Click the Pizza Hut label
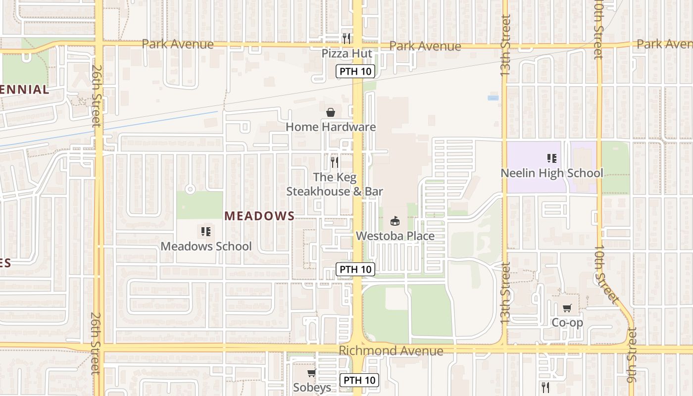[x=346, y=53]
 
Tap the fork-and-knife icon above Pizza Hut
[x=346, y=38]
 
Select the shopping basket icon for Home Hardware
[x=331, y=113]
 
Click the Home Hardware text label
[x=331, y=127]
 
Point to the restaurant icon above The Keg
[x=335, y=162]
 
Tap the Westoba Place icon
[x=395, y=221]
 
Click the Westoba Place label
[x=395, y=236]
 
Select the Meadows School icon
[x=206, y=231]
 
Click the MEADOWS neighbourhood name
[x=259, y=216]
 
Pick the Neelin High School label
[x=552, y=173]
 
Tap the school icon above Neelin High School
[x=552, y=158]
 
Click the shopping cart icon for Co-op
[x=567, y=308]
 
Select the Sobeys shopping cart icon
[x=311, y=373]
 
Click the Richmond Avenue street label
[x=391, y=351]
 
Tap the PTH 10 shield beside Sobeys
[x=359, y=380]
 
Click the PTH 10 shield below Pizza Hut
[x=355, y=71]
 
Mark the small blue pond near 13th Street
[x=493, y=98]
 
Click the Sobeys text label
[x=312, y=387]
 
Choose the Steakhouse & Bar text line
[x=335, y=192]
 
